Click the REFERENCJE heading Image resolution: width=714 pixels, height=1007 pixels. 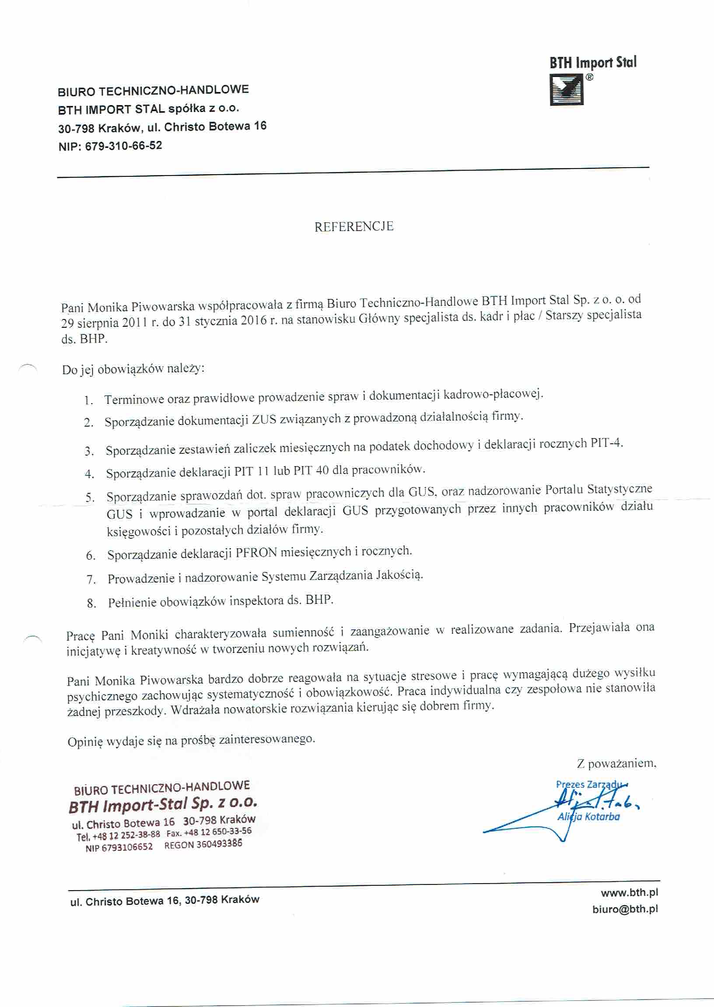pos(354,226)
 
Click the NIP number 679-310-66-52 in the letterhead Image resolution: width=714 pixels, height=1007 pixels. pos(123,146)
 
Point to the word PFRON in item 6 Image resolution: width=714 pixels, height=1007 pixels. pos(256,553)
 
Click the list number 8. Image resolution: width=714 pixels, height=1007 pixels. pos(91,603)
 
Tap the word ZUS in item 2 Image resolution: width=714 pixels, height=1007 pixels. pos(264,420)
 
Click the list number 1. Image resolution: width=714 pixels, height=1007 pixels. pos(89,400)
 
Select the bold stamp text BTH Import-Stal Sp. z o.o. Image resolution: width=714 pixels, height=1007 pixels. pos(163,805)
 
